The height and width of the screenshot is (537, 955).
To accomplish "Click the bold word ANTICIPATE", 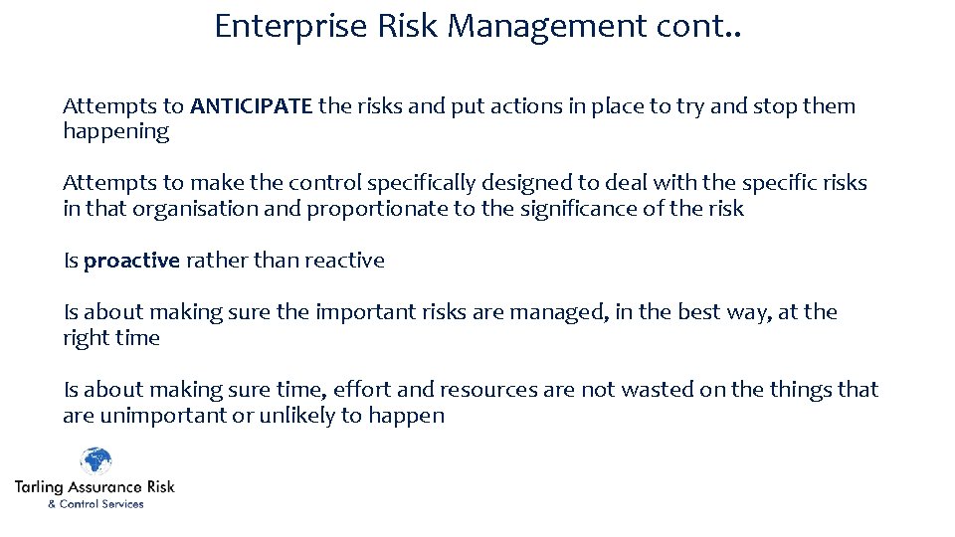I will tap(252, 106).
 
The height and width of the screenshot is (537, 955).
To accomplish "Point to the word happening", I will tap(115, 132).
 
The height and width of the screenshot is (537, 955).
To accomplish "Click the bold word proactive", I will tap(131, 261).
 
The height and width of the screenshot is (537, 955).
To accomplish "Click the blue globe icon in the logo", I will tap(95, 462).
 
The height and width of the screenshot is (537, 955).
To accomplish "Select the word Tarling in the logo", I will tap(38, 487).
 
